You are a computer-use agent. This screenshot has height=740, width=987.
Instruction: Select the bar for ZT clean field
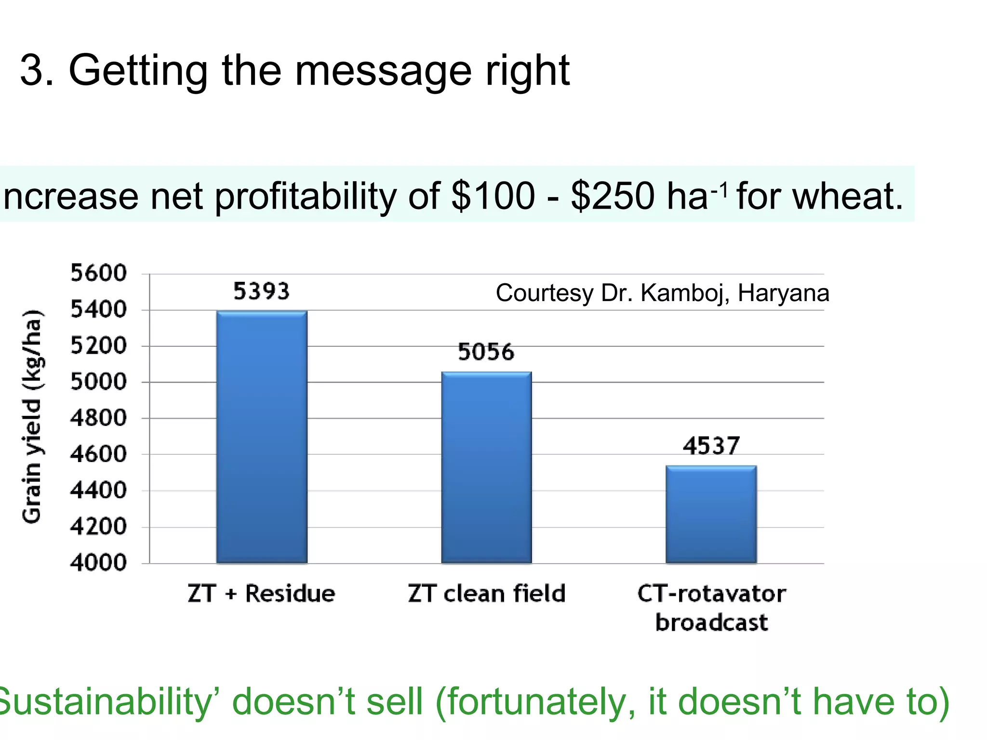[x=486, y=467]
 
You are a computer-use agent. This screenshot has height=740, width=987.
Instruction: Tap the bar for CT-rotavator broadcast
[x=711, y=514]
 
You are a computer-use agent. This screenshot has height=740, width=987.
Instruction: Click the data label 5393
[x=261, y=291]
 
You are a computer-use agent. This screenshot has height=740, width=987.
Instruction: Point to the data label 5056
[x=486, y=352]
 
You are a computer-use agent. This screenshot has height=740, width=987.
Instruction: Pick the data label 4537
[x=711, y=446]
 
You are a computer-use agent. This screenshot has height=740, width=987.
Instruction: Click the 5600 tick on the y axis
[x=99, y=273]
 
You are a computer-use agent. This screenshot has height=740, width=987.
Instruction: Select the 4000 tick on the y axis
[x=99, y=562]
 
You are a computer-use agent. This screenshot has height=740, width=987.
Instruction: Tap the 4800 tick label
[x=99, y=418]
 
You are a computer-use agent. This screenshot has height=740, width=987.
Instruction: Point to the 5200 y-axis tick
[x=99, y=345]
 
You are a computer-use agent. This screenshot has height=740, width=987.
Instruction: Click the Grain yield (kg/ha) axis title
[x=33, y=417]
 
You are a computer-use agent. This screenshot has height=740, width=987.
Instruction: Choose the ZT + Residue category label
[x=261, y=593]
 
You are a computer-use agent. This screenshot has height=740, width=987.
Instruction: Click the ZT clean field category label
[x=486, y=593]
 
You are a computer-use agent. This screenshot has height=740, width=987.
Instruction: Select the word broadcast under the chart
[x=711, y=622]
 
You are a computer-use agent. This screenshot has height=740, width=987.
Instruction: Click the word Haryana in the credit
[x=783, y=293]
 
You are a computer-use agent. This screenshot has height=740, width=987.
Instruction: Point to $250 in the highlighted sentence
[x=612, y=196]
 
